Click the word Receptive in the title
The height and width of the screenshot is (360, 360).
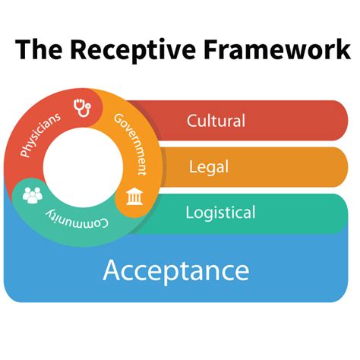[x=130, y=50]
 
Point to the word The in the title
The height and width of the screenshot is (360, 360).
[x=38, y=50]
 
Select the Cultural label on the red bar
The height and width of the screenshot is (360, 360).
[x=216, y=121]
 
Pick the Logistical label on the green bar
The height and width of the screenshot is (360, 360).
[x=220, y=213]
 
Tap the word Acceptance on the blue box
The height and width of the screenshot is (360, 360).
[x=175, y=270]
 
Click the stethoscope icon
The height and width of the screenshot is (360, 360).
[x=82, y=108]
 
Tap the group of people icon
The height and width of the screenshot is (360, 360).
[x=33, y=194]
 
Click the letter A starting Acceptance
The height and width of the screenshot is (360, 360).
[x=112, y=270]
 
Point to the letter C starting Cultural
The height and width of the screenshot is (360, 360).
[x=192, y=121]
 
